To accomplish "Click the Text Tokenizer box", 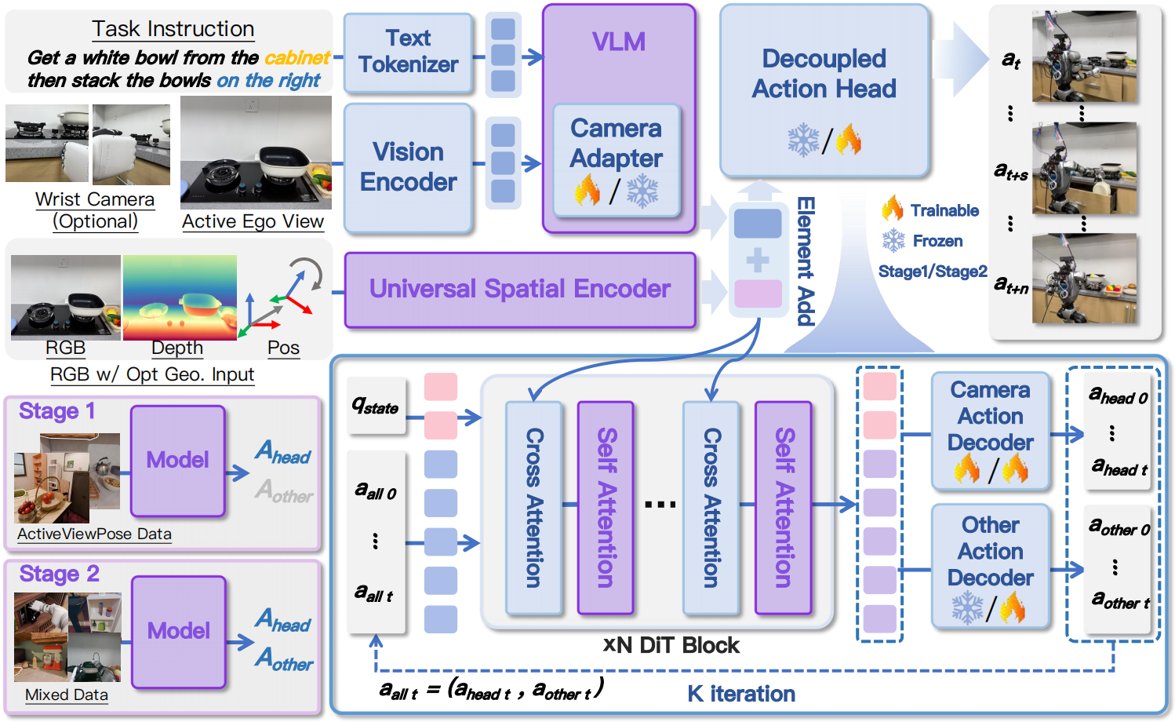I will (x=408, y=52).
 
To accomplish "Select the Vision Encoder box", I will (x=408, y=167).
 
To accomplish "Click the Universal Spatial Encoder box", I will (x=519, y=289).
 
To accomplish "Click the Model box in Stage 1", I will (x=177, y=460).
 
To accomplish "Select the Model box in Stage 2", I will (x=178, y=631).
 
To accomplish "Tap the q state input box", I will (x=377, y=406).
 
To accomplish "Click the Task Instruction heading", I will (x=173, y=29).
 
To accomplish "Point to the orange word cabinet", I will (x=296, y=58).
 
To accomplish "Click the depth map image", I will (x=180, y=297).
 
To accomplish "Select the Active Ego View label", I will (x=253, y=222).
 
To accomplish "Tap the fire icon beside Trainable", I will (x=892, y=209).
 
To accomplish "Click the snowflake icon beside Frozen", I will (x=893, y=240).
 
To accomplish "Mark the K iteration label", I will (x=741, y=694).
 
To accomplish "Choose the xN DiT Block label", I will (x=671, y=645).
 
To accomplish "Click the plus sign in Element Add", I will (x=758, y=259).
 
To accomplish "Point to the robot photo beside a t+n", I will (x=1084, y=279).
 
